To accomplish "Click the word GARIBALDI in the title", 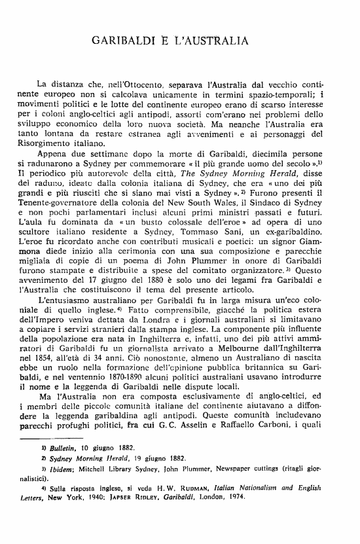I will click(x=124, y=41).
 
